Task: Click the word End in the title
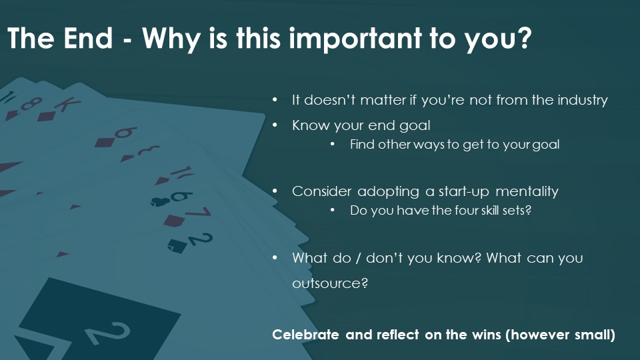point(88,38)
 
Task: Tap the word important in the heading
point(355,40)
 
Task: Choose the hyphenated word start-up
point(464,192)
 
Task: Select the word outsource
point(330,283)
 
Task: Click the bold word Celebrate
point(305,335)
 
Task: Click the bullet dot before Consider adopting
point(275,191)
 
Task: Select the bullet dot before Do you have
point(333,210)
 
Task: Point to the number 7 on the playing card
point(199,212)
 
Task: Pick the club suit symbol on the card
point(160,201)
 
